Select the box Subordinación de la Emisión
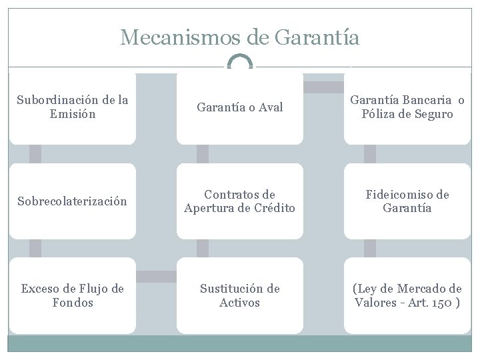(72, 108)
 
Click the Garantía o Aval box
(239, 108)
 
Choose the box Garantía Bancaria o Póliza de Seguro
(407, 108)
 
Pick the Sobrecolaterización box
(72, 201)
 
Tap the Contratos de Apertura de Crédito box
(239, 201)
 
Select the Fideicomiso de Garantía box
(407, 201)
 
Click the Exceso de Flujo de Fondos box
(72, 295)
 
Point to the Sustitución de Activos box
(239, 295)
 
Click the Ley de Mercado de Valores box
(407, 295)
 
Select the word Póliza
(377, 115)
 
